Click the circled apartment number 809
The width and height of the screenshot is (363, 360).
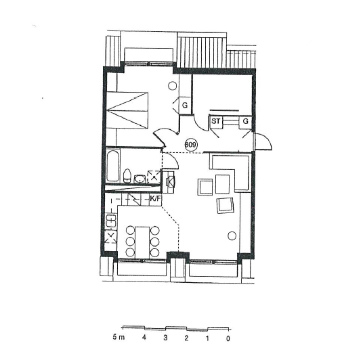click(191, 145)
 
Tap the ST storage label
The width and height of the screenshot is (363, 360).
click(216, 120)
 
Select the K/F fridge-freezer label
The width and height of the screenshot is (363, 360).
click(155, 198)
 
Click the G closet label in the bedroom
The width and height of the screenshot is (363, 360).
click(185, 106)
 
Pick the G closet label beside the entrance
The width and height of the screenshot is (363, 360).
click(245, 120)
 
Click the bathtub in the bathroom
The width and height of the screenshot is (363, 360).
click(113, 166)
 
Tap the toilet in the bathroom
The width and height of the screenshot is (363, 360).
click(127, 176)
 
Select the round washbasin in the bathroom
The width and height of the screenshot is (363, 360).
click(140, 179)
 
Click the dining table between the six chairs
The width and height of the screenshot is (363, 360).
click(142, 242)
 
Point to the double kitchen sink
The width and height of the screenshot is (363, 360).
click(110, 221)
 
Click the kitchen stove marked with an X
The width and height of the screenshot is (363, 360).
click(110, 237)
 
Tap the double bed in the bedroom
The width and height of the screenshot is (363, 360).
click(127, 110)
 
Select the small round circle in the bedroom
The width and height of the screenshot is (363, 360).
click(172, 86)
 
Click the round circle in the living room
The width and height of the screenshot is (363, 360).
click(232, 235)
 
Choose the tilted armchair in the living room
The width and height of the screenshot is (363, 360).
click(226, 206)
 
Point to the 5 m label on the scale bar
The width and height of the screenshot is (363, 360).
click(119, 337)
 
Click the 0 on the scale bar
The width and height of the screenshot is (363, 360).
click(228, 338)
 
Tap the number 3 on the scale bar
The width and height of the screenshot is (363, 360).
click(165, 338)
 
